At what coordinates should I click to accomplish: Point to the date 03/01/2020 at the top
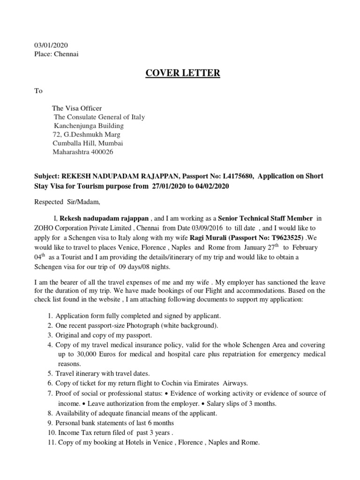[51, 45]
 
